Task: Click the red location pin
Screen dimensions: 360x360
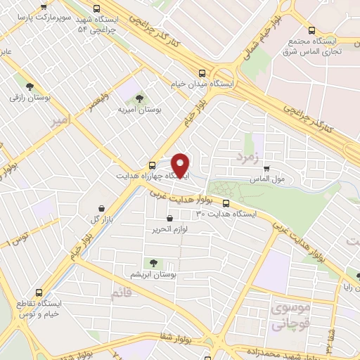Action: tap(181, 164)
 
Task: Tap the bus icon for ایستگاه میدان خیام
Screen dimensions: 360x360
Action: tap(202, 73)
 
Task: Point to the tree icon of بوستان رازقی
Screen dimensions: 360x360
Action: tap(30, 86)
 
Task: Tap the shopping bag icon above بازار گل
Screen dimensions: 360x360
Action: tap(103, 208)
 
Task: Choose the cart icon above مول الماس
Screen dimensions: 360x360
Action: tap(266, 169)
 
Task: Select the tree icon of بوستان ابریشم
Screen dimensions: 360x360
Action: tap(154, 263)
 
